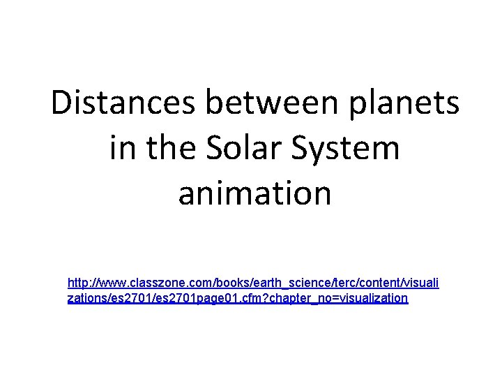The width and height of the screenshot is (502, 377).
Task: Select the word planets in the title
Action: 411,104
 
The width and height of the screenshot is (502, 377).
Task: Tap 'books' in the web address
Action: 225,283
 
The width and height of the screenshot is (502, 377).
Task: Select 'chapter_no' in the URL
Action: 312,299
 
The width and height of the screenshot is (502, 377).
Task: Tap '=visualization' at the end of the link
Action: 374,299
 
